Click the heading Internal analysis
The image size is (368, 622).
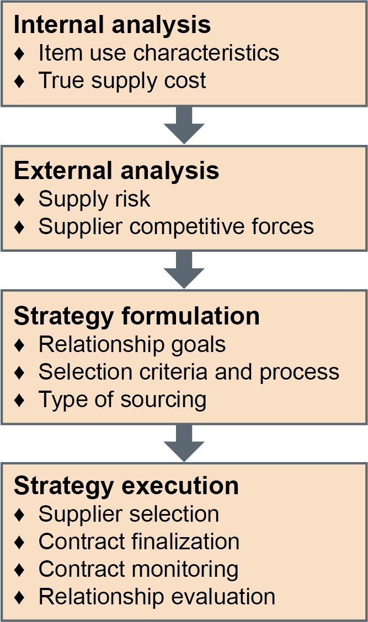112,25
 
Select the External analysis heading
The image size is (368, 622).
116,171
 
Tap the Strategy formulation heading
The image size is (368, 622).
137,317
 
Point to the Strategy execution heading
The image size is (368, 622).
126,486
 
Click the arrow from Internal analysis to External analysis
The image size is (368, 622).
184,125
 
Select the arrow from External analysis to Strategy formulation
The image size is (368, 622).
184,270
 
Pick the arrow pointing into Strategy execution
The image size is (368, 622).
184,443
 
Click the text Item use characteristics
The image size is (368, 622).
158,53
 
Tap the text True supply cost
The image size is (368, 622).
122,81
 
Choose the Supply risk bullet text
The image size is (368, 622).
94,199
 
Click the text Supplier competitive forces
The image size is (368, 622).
176,226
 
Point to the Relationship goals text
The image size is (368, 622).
132,344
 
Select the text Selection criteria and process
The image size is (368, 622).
189,372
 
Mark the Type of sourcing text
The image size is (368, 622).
122,400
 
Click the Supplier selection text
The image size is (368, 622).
129,514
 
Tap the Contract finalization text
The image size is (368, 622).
138,542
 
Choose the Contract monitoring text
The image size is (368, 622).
138,569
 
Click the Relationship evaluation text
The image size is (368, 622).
157,597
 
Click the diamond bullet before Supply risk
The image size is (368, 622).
19,199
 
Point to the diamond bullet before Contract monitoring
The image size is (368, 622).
19,570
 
